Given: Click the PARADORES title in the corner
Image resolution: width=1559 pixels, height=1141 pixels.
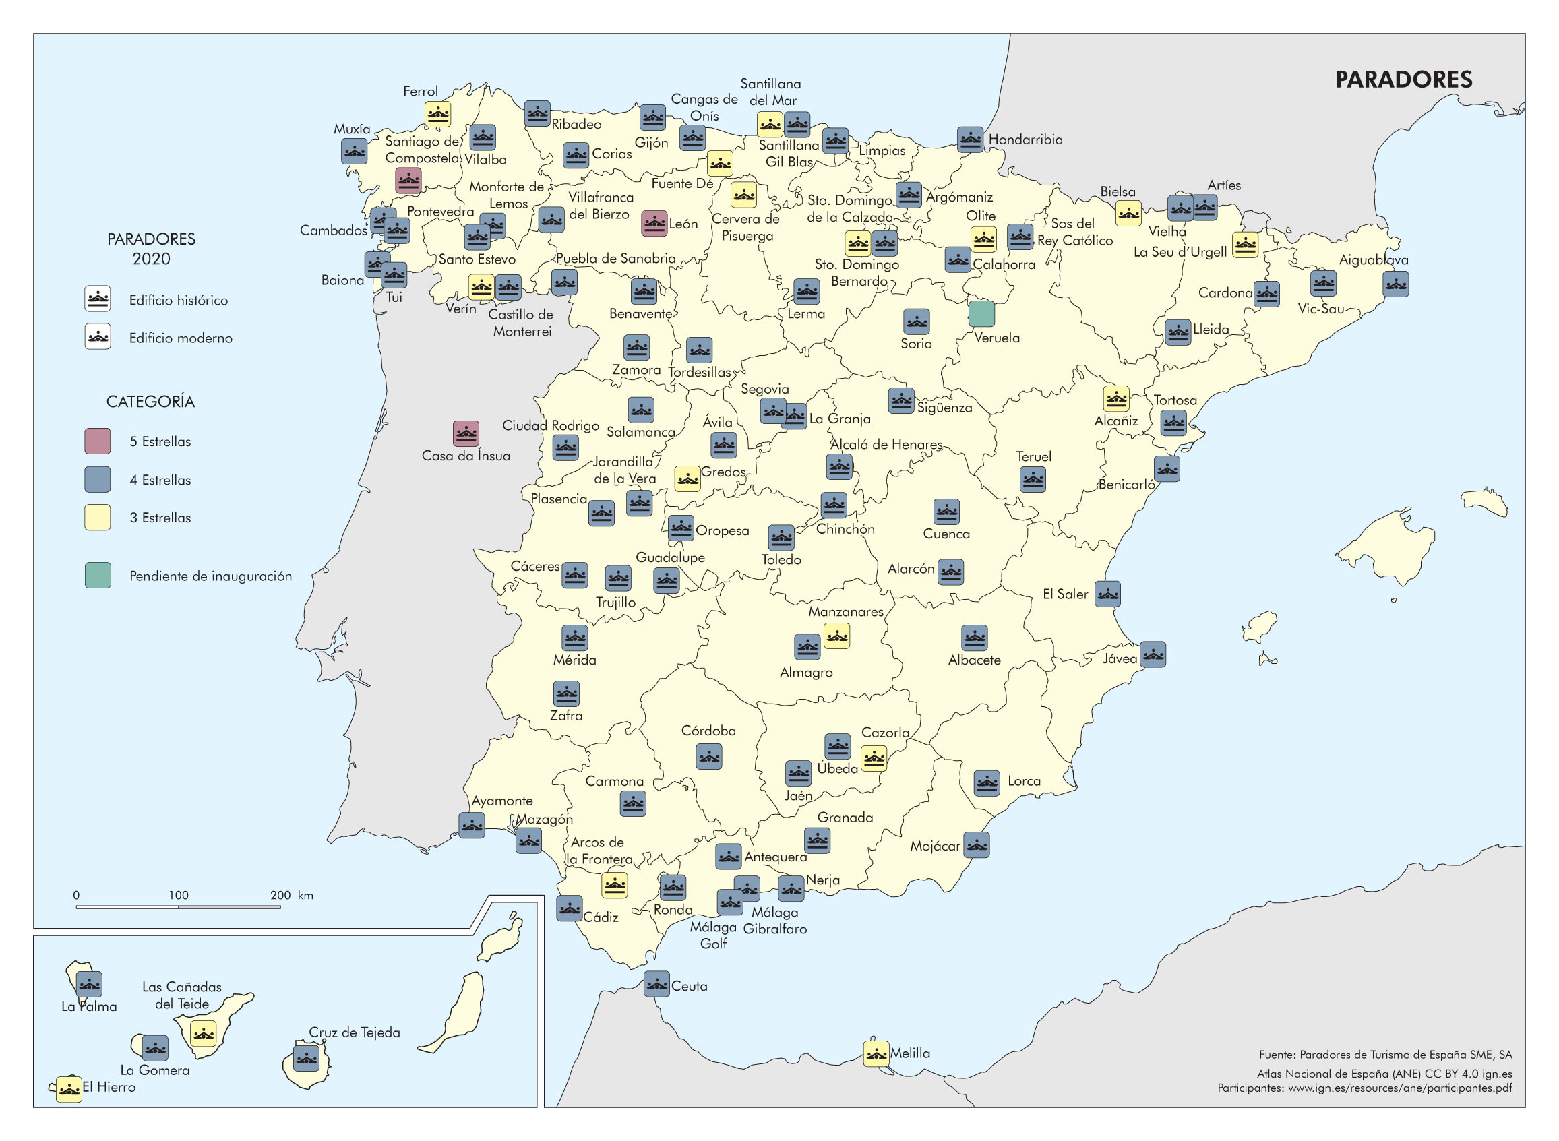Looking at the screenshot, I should [x=1403, y=80].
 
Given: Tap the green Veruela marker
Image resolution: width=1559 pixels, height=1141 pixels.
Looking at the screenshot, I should [x=981, y=313].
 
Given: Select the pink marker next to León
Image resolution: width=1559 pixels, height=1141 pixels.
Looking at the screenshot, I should [x=653, y=223].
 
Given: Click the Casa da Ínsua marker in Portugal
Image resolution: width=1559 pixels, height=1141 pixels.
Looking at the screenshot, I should [x=466, y=434].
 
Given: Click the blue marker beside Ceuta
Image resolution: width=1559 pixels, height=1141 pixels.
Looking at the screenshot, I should [x=656, y=983].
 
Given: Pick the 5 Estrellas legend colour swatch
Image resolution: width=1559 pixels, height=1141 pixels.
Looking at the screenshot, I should [x=97, y=441].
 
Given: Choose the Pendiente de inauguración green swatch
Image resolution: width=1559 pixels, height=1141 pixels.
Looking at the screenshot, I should [x=97, y=576].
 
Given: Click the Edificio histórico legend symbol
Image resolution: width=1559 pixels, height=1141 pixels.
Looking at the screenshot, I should [x=97, y=299].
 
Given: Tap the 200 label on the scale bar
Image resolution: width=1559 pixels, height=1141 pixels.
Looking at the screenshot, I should [x=280, y=895].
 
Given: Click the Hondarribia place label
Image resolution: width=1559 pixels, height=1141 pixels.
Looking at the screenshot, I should [x=1025, y=140].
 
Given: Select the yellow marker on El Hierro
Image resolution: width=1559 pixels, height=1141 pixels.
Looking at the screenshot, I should [x=68, y=1089].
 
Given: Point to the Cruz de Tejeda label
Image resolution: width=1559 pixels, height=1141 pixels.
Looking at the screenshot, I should [x=354, y=1032].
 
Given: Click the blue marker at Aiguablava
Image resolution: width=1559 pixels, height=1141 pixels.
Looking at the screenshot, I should [x=1395, y=284].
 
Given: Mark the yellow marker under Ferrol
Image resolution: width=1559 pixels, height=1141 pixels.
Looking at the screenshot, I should [x=437, y=114].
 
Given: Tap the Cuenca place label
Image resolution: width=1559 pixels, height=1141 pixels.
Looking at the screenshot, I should [x=946, y=534].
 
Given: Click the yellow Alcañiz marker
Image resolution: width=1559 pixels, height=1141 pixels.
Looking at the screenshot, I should [x=1115, y=398].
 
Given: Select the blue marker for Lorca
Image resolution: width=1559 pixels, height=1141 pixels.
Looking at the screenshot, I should [x=986, y=783].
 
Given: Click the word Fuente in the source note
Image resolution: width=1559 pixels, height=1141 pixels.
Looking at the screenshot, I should [x=1276, y=1055].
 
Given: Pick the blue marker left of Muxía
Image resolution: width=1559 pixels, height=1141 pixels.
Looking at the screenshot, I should [x=354, y=151].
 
